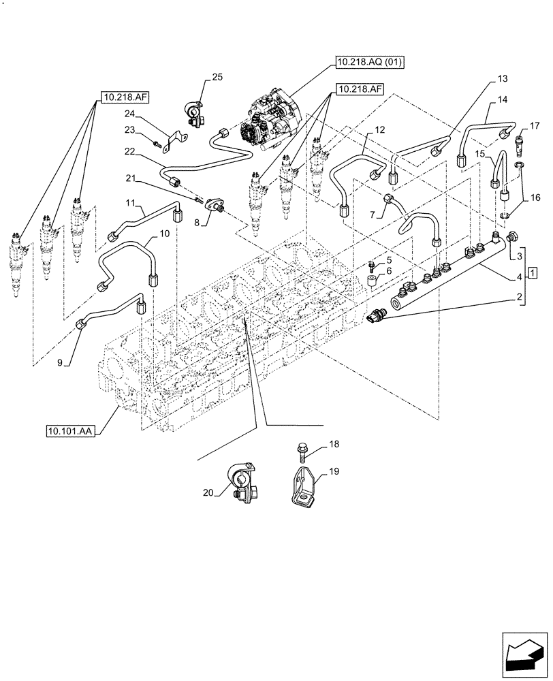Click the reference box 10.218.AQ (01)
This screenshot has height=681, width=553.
(370, 63)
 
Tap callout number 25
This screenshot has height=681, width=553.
(217, 78)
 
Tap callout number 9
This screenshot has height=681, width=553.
(59, 364)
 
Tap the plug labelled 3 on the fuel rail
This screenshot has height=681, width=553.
(512, 237)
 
